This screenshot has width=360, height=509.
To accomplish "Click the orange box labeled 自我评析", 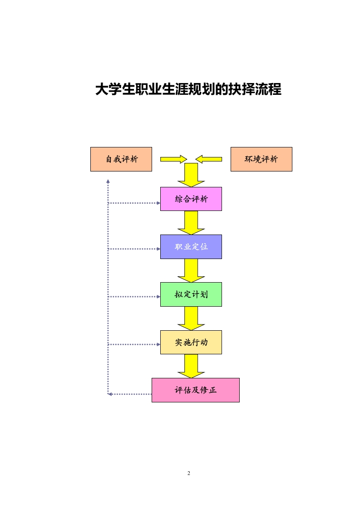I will [121, 159].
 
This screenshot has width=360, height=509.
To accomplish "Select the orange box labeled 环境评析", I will [261, 159].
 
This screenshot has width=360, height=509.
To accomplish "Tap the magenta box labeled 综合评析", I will [191, 199].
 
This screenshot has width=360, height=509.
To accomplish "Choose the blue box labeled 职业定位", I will [191, 247].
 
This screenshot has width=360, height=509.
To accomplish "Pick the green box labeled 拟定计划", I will [191, 294].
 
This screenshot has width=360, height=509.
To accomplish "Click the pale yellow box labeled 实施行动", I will [191, 342].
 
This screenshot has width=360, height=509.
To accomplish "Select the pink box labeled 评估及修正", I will [195, 390].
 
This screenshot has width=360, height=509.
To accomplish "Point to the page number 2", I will [189, 474].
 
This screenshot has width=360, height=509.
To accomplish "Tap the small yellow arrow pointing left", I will [209, 159].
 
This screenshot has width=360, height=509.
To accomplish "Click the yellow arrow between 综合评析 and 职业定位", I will [191, 222].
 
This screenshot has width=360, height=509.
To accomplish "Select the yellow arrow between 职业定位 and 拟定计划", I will [191, 270].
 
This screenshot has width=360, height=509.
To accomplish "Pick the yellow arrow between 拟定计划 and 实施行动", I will [191, 318].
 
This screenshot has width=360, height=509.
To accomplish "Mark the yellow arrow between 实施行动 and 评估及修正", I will [191, 366].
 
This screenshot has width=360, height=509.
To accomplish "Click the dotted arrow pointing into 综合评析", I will [134, 203].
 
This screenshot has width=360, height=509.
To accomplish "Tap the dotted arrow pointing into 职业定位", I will [134, 249].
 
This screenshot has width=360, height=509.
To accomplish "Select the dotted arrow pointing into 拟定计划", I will [134, 297].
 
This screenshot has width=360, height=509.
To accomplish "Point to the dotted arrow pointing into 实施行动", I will [134, 344].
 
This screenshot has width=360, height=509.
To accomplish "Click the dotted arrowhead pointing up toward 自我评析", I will [108, 181].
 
